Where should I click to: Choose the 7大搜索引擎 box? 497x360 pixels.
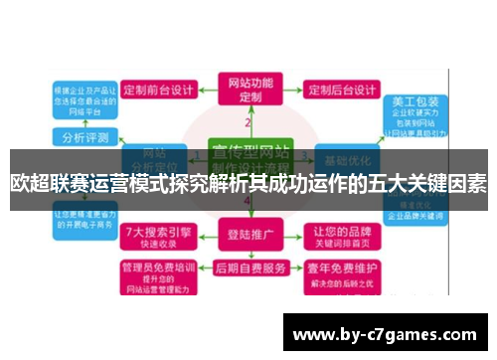tap(158, 236)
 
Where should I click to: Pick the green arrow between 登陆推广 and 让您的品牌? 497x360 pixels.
tap(296, 237)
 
